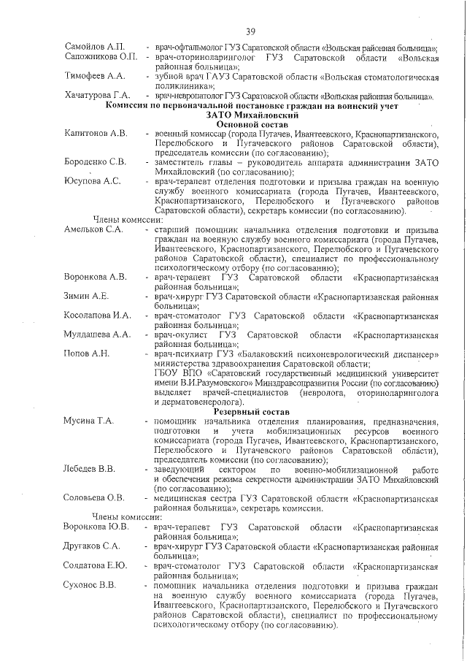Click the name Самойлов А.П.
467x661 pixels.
(x=95, y=47)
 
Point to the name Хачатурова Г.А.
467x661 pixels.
(x=98, y=96)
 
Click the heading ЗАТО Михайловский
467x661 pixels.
(x=250, y=115)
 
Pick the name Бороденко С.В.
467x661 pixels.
(x=96, y=162)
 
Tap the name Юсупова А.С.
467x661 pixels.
(x=91, y=181)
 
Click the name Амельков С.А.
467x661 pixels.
(x=93, y=230)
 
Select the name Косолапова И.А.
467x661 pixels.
(x=98, y=316)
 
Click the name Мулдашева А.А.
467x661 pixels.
(x=98, y=335)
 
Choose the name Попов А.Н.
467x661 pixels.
(x=87, y=354)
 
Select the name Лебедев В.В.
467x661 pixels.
(x=89, y=469)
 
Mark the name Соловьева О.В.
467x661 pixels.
(x=95, y=498)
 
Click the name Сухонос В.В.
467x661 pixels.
(x=90, y=585)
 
